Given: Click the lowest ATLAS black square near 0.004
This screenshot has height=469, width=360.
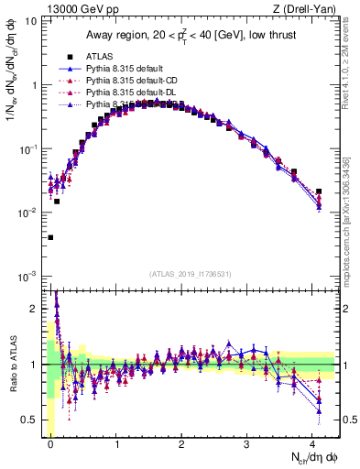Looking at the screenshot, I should tap(50, 237).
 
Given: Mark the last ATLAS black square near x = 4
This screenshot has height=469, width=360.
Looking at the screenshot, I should tap(319, 191).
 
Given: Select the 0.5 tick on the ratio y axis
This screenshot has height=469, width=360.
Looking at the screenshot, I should tap(29, 420).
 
